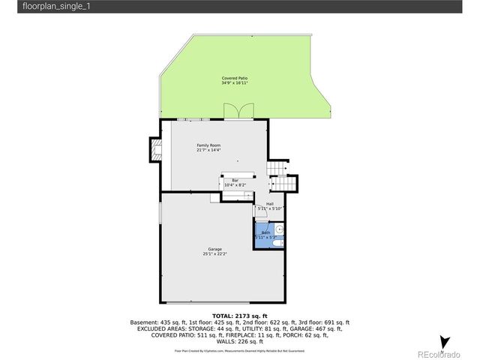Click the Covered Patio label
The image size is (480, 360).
235,78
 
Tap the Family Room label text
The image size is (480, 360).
208,145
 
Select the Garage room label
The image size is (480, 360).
214,249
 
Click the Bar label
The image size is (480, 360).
235,180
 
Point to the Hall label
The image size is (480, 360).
269,204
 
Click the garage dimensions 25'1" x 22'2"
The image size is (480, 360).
214,254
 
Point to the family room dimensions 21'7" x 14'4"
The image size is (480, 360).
208,150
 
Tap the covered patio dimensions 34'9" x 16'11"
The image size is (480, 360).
235,83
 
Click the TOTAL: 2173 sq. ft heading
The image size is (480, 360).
239,316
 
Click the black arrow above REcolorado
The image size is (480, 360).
444,342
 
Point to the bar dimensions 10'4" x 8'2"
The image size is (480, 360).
235,185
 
